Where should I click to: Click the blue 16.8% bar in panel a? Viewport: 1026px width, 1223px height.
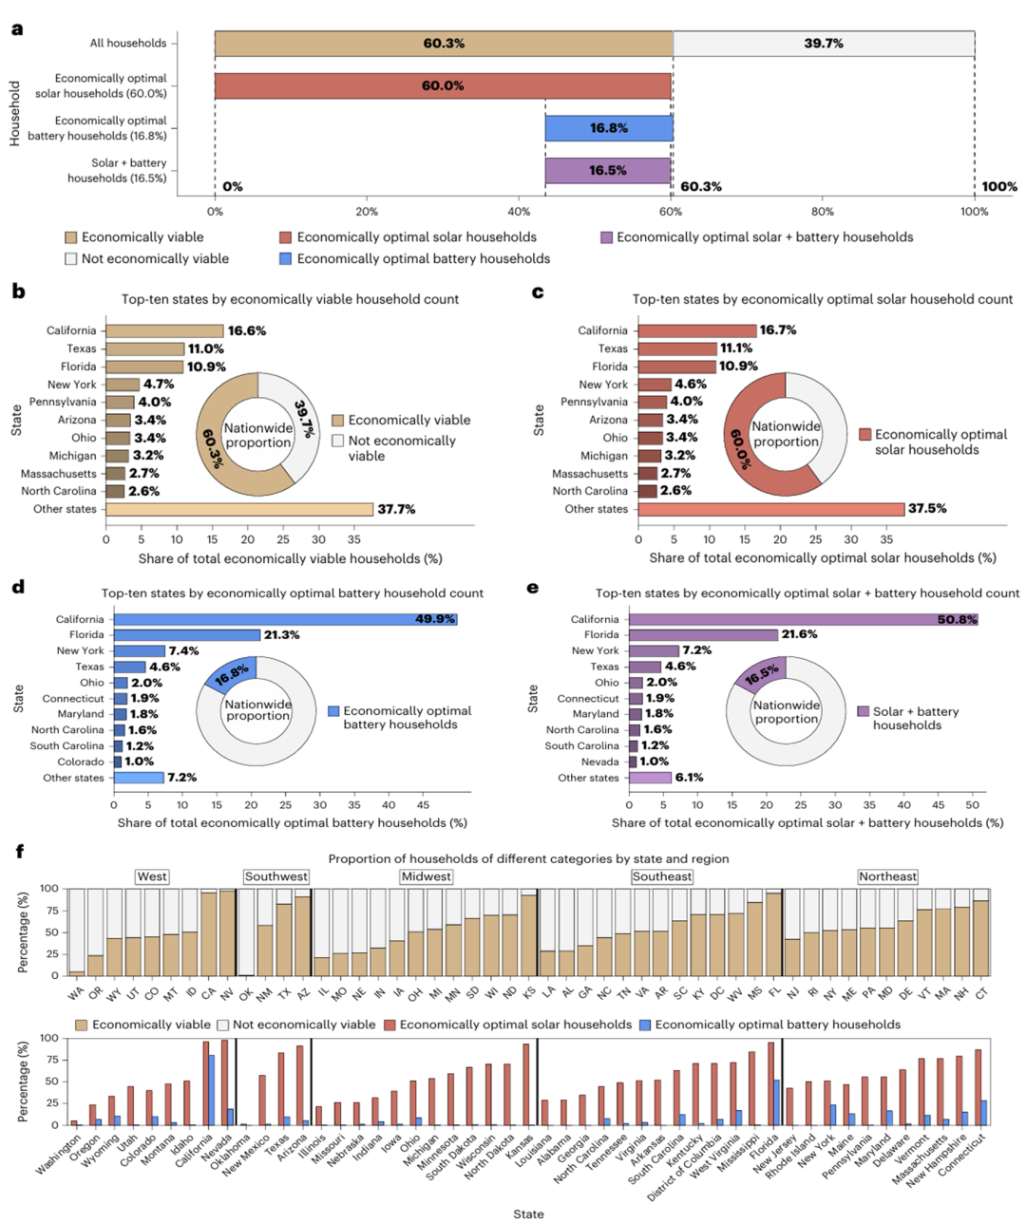(608, 128)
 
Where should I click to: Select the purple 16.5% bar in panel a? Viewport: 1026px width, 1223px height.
(608, 171)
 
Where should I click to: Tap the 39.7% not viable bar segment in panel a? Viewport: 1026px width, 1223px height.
(823, 44)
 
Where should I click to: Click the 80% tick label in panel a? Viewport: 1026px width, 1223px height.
(823, 212)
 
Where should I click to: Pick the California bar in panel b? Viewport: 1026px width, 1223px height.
(164, 331)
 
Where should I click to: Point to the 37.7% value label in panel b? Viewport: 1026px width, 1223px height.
(396, 510)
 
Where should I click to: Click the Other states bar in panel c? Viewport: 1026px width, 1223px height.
(770, 509)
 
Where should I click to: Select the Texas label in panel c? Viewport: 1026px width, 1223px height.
(613, 348)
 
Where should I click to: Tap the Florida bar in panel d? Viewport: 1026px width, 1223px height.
(186, 635)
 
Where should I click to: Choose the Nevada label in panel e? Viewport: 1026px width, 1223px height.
(600, 762)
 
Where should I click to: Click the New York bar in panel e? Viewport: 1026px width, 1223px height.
(654, 651)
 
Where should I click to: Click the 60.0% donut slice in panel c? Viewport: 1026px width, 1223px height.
(750, 446)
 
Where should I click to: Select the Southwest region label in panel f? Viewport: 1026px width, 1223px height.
(275, 876)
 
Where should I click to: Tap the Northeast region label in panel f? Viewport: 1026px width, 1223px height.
(887, 876)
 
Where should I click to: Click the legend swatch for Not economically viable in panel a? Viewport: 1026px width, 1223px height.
(71, 258)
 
